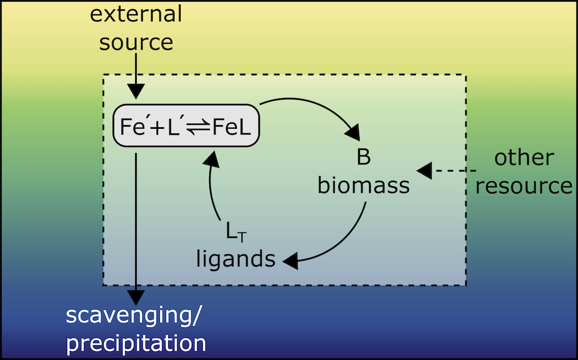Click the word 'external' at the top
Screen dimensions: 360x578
tap(136, 15)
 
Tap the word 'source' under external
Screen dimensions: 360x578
tap(136, 42)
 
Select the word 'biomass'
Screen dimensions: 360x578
tap(363, 185)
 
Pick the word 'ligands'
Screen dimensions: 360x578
tap(236, 259)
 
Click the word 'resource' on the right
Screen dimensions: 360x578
tap(523, 185)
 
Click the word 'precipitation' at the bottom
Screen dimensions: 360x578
tap(136, 343)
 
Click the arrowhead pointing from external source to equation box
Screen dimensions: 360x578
tap(136, 91)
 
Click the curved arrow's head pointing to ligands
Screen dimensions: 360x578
tap(292, 260)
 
